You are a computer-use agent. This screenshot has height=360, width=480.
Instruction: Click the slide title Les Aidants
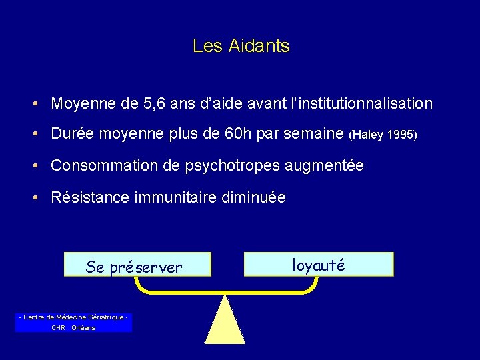coord(241,46)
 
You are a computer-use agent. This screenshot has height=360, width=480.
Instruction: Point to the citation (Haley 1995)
coord(383,135)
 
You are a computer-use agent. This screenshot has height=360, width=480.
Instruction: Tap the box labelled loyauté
coord(319,264)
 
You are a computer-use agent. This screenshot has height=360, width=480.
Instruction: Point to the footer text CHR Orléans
coord(73,327)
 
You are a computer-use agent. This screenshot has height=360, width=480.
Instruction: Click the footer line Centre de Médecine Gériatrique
coord(73,317)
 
